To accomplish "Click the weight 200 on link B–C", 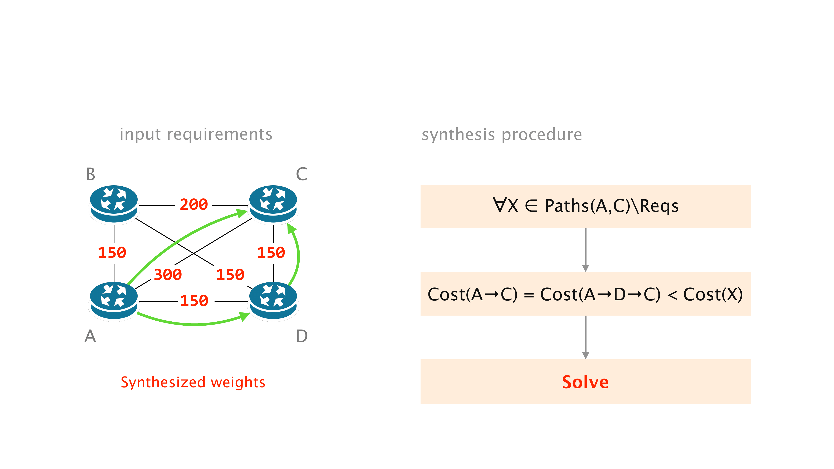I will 194,204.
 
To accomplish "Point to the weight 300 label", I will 168,275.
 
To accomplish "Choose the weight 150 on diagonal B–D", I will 230,275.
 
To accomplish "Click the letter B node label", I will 91,174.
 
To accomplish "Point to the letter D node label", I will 301,336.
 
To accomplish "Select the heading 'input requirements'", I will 196,134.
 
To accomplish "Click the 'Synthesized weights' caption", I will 193,382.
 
